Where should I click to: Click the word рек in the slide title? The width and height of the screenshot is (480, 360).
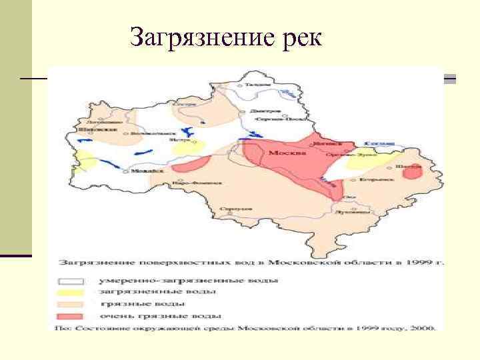point(297,38)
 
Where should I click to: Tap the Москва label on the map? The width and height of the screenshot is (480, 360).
point(287,153)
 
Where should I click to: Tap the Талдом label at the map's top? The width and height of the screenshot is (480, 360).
point(257,84)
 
